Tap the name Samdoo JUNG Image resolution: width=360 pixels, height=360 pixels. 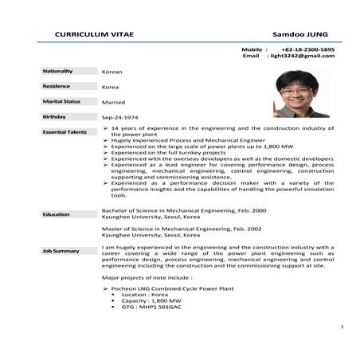tap(300, 35)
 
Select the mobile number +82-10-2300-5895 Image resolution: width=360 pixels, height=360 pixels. tap(308, 49)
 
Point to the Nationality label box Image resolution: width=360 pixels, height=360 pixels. tap(66, 71)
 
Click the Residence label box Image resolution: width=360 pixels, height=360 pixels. tap(66, 86)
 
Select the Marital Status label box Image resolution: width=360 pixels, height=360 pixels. tap(66, 102)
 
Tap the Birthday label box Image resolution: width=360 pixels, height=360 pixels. tap(66, 116)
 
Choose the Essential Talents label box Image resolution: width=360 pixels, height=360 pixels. tap(66, 131)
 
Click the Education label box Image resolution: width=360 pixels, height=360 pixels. tap(66, 214)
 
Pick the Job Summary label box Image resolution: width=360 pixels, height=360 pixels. tap(66, 251)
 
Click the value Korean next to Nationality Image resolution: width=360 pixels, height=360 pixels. tap(112, 72)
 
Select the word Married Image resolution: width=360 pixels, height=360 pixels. tap(114, 103)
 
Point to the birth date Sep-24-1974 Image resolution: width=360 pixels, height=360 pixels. tap(120, 117)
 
